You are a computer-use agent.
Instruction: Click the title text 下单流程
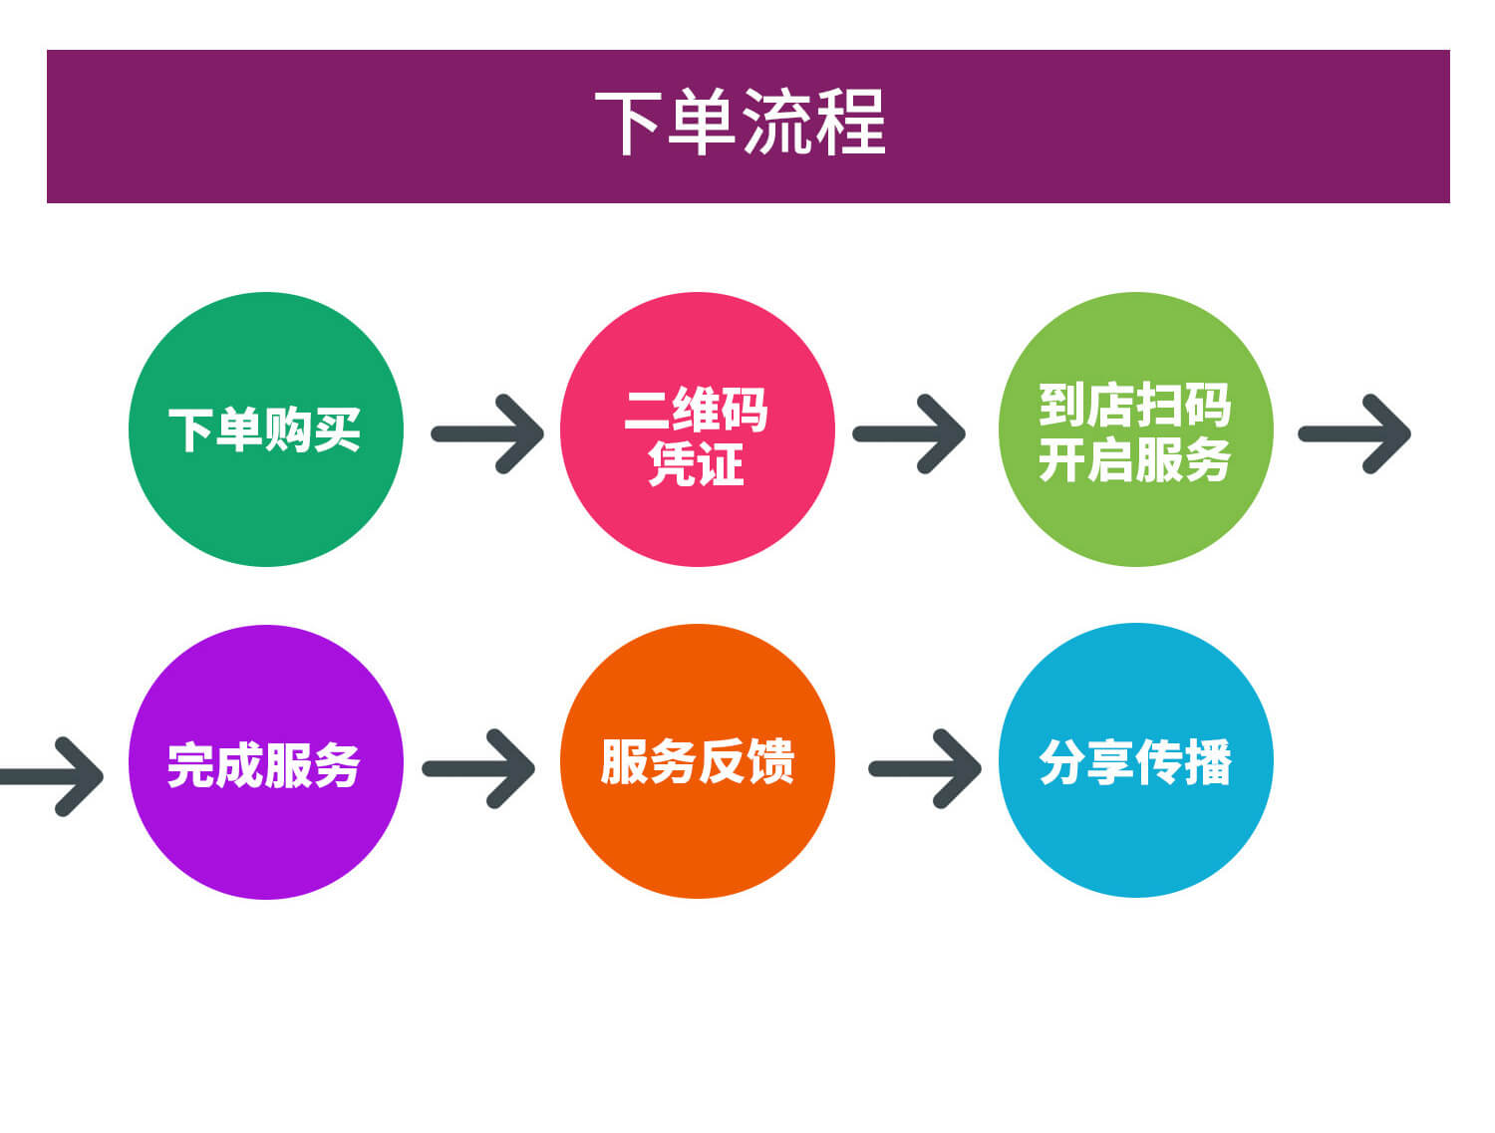point(739,122)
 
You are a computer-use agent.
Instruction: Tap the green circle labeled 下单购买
point(266,428)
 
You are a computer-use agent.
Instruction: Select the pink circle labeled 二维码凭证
point(698,428)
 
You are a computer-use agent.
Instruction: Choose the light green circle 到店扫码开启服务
point(1136,428)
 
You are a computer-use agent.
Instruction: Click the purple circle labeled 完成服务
point(266,762)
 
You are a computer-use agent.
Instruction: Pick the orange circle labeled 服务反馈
point(698,761)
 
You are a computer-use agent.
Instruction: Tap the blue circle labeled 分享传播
point(1136,760)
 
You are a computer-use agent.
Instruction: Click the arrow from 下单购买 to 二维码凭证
point(487,433)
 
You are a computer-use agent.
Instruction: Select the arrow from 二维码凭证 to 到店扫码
point(909,433)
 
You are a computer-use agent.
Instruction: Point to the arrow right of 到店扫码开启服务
point(1354,433)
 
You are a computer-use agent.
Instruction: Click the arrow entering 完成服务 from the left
point(51,776)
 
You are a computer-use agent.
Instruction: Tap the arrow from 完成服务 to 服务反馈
point(478,768)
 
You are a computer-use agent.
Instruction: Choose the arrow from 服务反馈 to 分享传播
point(924,768)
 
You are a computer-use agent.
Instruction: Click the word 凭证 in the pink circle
point(696,463)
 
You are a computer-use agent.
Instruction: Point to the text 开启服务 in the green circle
point(1134,459)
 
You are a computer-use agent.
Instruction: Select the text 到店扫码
point(1134,405)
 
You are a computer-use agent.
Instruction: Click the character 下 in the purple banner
point(627,123)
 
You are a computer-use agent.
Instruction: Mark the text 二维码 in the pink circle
point(696,410)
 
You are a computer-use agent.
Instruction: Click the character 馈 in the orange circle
point(771,761)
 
